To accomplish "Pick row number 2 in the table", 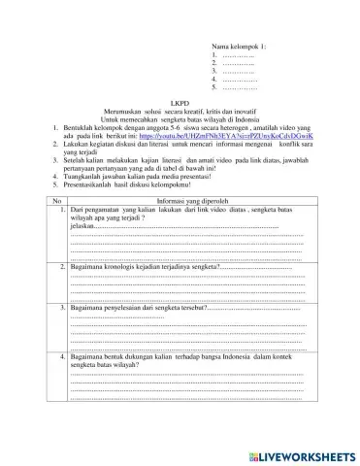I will click(x=60, y=265).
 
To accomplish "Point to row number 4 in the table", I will click(x=60, y=357).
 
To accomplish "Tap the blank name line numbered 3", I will click(x=239, y=72).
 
